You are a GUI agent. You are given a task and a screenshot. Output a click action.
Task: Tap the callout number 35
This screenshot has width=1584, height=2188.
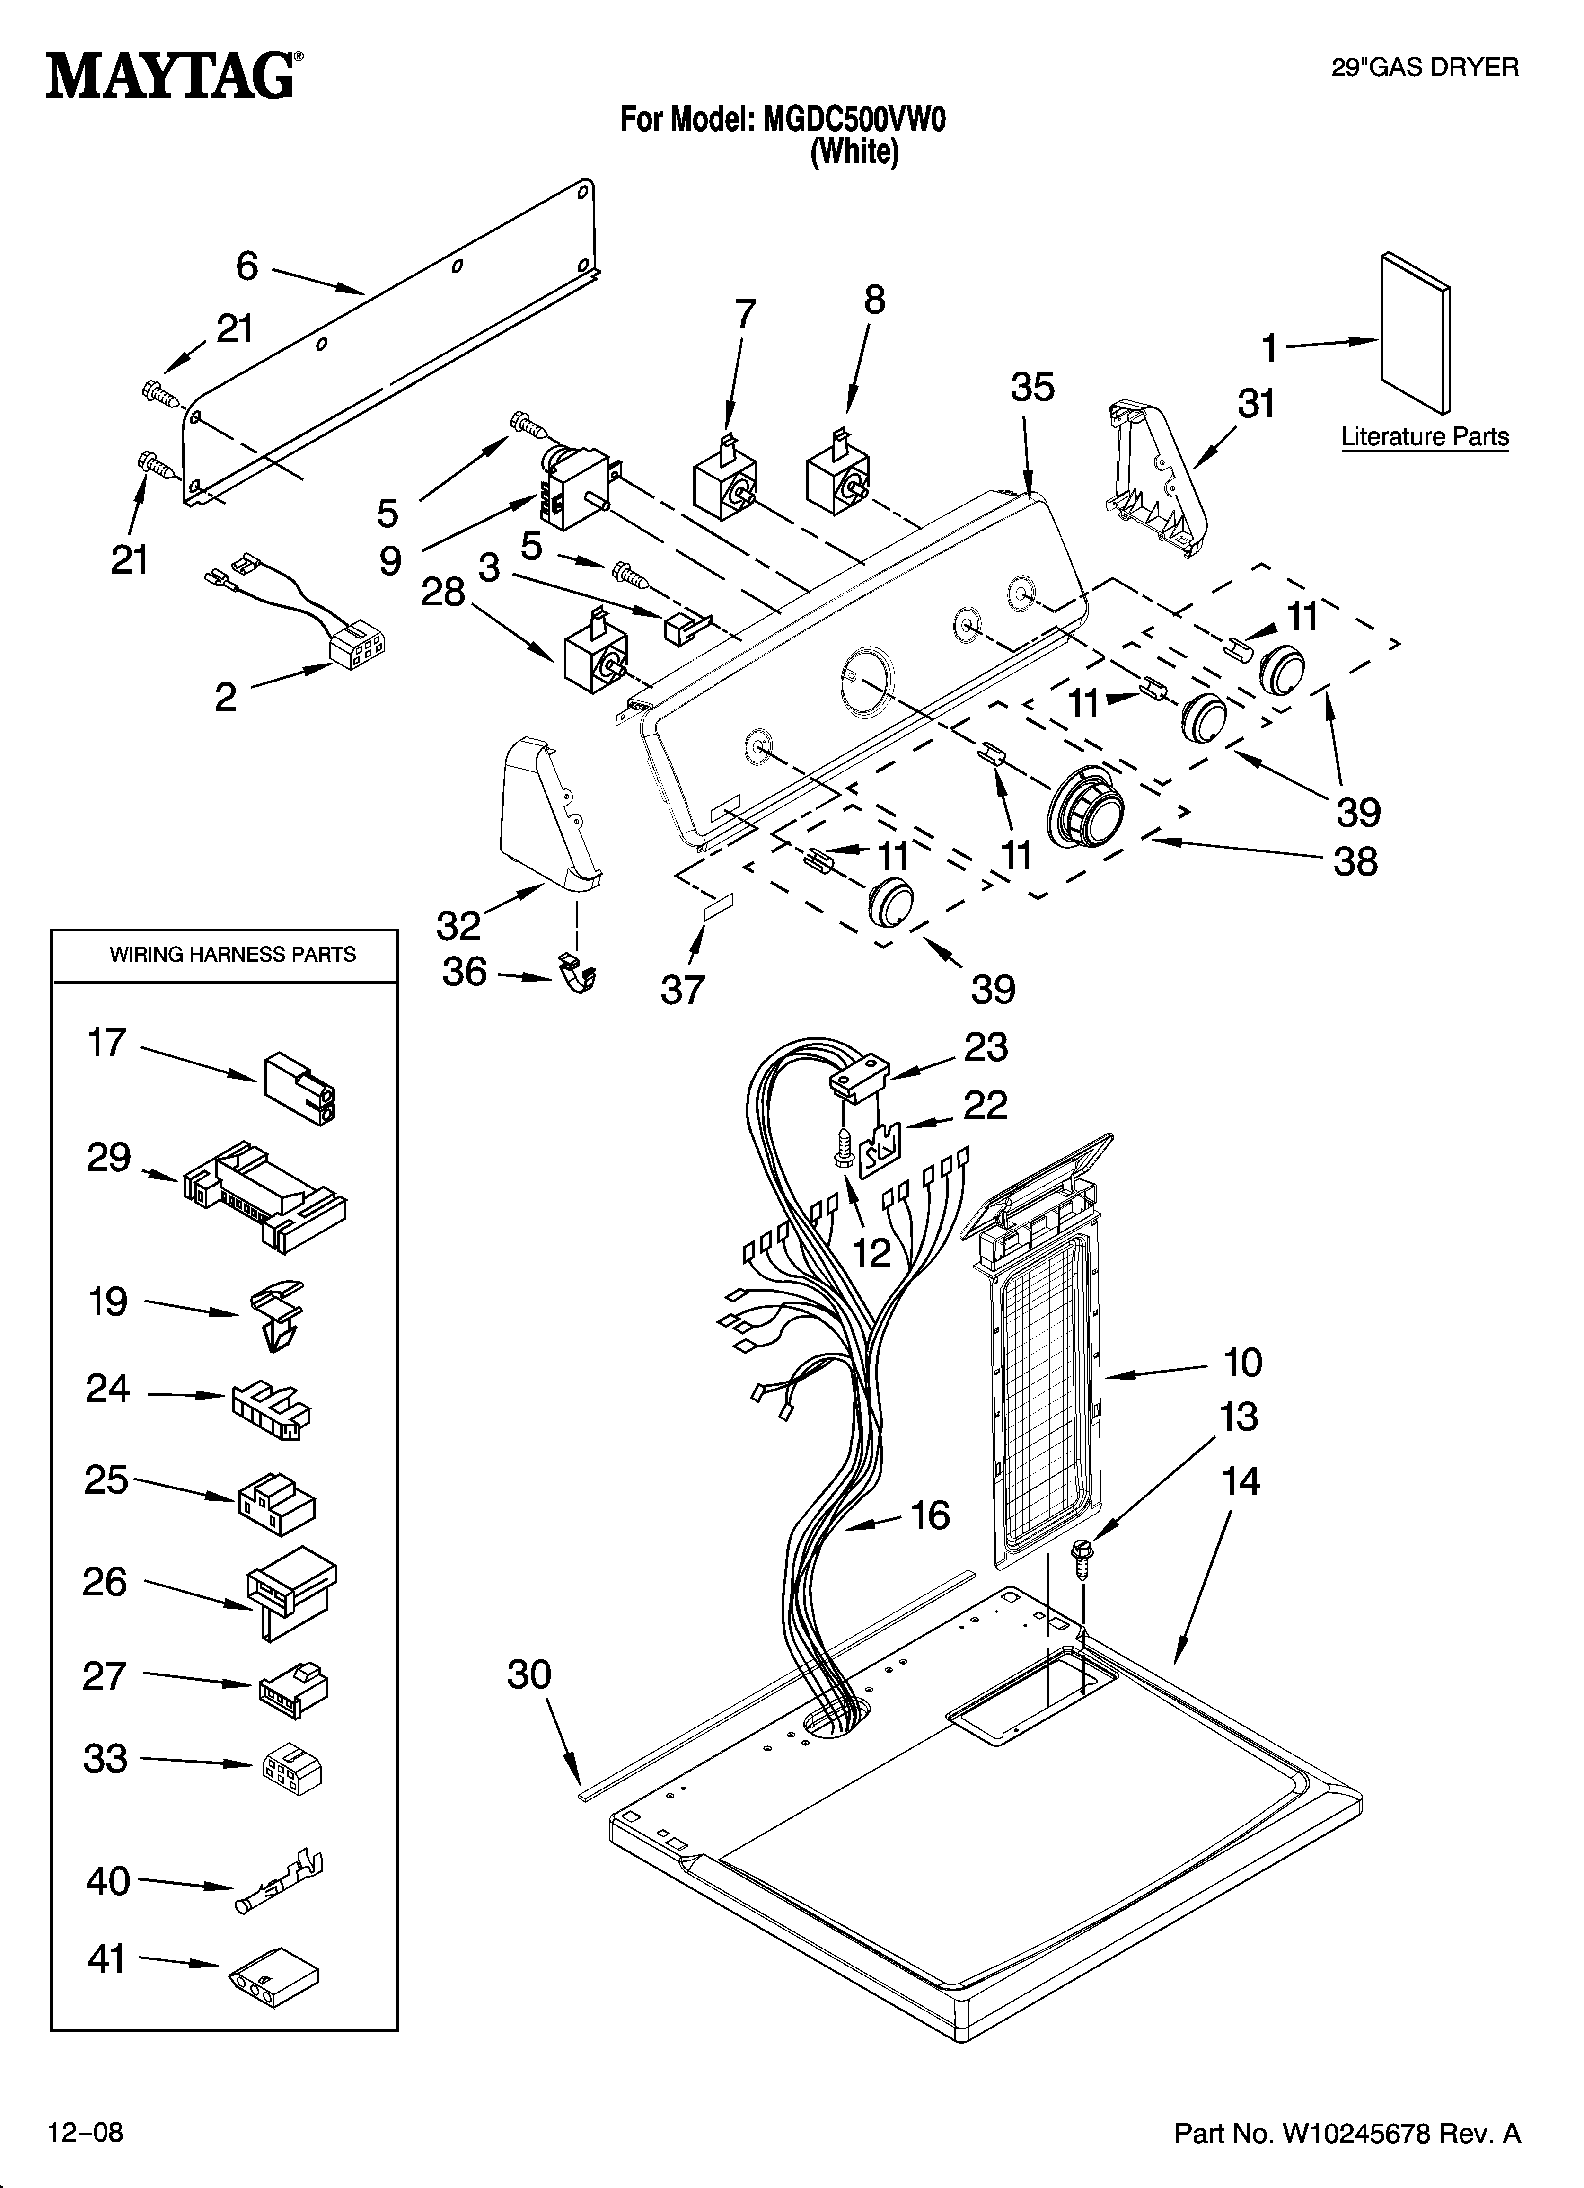[x=1032, y=388]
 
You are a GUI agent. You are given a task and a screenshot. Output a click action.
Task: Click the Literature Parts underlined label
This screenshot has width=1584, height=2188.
[x=1424, y=437]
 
